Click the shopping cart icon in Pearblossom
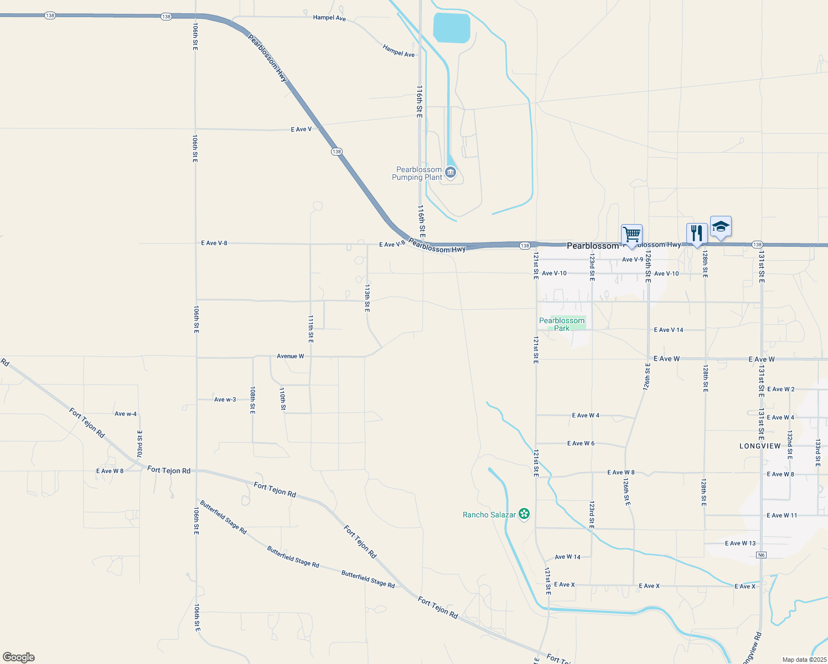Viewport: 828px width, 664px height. [632, 235]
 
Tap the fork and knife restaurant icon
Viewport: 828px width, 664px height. [697, 233]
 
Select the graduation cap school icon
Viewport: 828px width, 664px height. [721, 226]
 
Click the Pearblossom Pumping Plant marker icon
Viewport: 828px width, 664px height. [451, 173]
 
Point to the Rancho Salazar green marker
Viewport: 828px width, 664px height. [524, 515]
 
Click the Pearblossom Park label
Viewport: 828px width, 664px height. [562, 324]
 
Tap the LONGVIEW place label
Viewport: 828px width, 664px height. [760, 446]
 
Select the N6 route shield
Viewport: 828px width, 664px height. [762, 555]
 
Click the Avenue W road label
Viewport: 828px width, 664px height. [291, 356]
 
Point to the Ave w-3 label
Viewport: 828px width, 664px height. [225, 400]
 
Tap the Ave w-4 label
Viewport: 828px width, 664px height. [126, 414]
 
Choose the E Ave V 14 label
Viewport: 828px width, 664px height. [669, 330]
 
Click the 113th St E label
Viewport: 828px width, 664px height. [367, 298]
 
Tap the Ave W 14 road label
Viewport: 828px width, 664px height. [567, 557]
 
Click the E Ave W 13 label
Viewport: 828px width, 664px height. [740, 543]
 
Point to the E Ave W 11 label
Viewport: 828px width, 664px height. [782, 516]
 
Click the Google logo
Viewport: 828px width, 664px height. [19, 657]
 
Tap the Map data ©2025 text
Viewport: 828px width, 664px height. [804, 660]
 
